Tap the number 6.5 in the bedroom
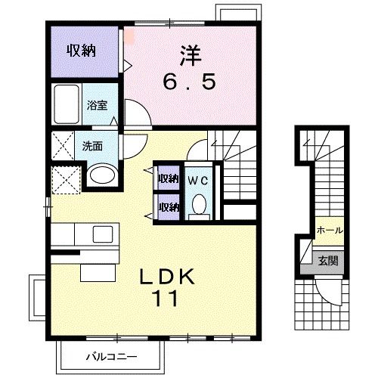191,80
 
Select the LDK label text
169,277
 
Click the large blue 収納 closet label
83,51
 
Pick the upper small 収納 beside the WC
168,179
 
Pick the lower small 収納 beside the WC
168,206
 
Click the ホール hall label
329,231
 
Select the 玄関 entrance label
328,262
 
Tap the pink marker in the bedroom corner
129,34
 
